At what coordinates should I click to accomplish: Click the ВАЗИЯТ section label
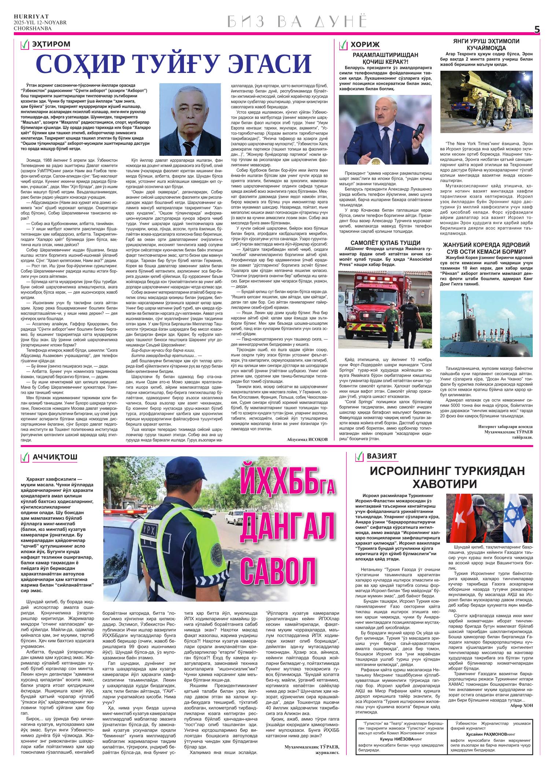coord(381,457)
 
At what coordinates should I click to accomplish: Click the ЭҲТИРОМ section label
coord(51,45)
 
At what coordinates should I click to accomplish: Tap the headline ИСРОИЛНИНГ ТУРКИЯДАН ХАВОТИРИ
coord(442,477)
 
